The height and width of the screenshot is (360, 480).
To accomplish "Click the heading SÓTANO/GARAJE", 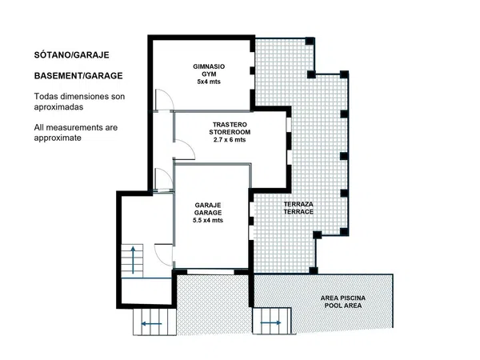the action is pos(72,55).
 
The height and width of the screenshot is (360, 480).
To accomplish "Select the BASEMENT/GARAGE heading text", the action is pos(78,76).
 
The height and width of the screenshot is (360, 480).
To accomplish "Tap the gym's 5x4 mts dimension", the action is pos(209,82).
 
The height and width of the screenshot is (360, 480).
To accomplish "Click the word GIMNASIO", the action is pos(209,66).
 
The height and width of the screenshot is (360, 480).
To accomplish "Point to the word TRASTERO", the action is pos(230,125).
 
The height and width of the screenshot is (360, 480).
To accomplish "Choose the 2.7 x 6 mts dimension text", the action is pos(230,140).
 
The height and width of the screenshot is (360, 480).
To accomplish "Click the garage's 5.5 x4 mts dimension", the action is pos(208,221).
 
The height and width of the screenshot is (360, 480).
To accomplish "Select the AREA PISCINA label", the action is pos(343,298).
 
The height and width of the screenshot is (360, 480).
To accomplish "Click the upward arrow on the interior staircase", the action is pos(133,259).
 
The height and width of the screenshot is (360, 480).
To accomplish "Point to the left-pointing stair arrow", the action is pos(151,323).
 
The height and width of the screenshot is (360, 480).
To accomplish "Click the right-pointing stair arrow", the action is pos(270,322).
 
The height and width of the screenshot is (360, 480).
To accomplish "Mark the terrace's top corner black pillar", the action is pos(310,41).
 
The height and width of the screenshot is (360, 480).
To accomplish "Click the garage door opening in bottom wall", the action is pos(210,271).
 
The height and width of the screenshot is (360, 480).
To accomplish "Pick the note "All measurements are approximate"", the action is pos(76,133).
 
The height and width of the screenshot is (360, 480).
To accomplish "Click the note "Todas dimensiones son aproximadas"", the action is pos(79,102).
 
